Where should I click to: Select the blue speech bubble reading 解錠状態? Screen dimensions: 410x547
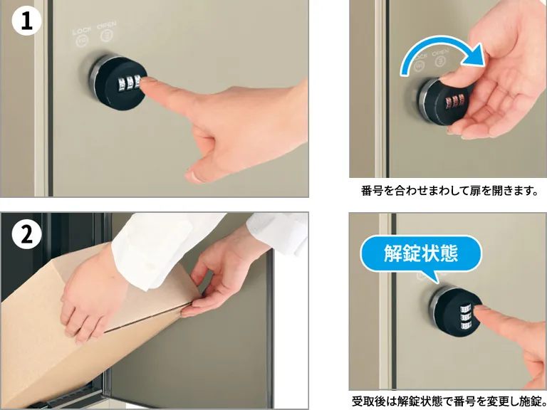[x=420, y=253]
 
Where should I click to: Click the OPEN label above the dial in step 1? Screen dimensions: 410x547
[x=108, y=26]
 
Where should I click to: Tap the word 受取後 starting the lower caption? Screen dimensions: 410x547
[x=368, y=401]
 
